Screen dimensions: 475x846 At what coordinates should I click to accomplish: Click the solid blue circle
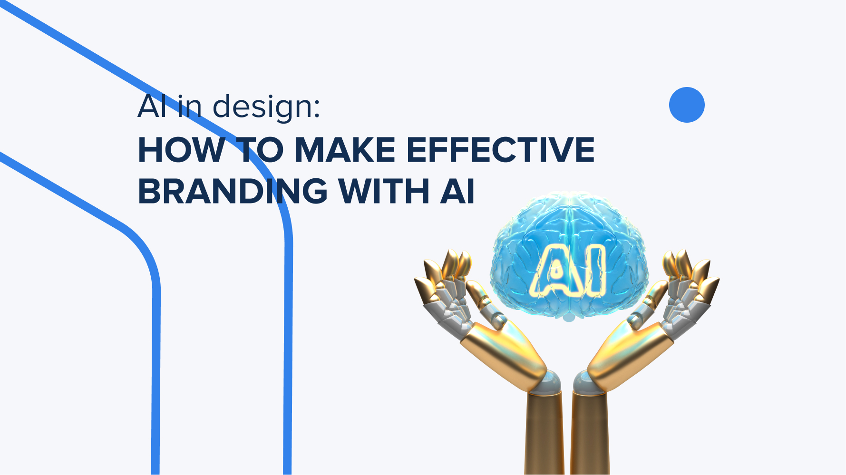click(x=687, y=105)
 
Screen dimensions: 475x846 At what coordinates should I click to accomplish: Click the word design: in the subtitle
click(x=266, y=107)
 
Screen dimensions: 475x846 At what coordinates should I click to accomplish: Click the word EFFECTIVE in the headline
click(x=500, y=150)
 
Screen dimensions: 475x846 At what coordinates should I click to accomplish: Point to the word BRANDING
click(x=233, y=192)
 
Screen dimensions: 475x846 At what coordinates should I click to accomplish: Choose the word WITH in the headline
click(x=383, y=192)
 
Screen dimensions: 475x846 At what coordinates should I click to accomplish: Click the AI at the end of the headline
click(x=457, y=192)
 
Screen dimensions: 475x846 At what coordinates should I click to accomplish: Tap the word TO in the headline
click(x=259, y=150)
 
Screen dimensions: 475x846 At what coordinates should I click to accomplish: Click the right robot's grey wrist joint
click(x=589, y=383)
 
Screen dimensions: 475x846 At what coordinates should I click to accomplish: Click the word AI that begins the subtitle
click(x=152, y=107)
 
